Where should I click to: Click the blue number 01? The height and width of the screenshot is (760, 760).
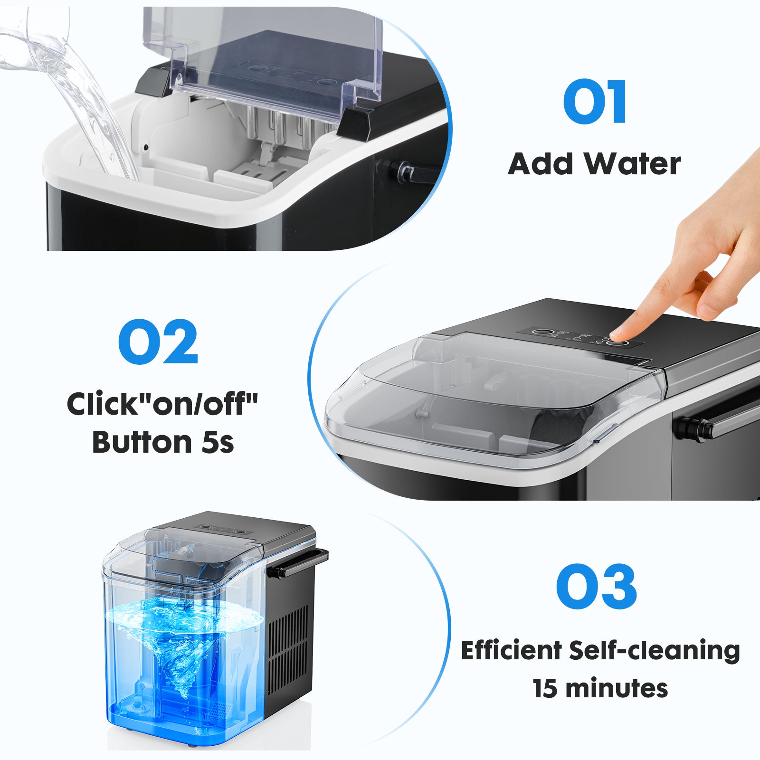pos(595,102)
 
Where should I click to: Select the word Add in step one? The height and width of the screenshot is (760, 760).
pos(541,164)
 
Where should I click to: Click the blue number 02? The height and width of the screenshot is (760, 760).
pos(158,342)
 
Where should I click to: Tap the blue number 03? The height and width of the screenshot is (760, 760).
pos(596,587)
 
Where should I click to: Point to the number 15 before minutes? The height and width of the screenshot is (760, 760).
pos(545,688)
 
